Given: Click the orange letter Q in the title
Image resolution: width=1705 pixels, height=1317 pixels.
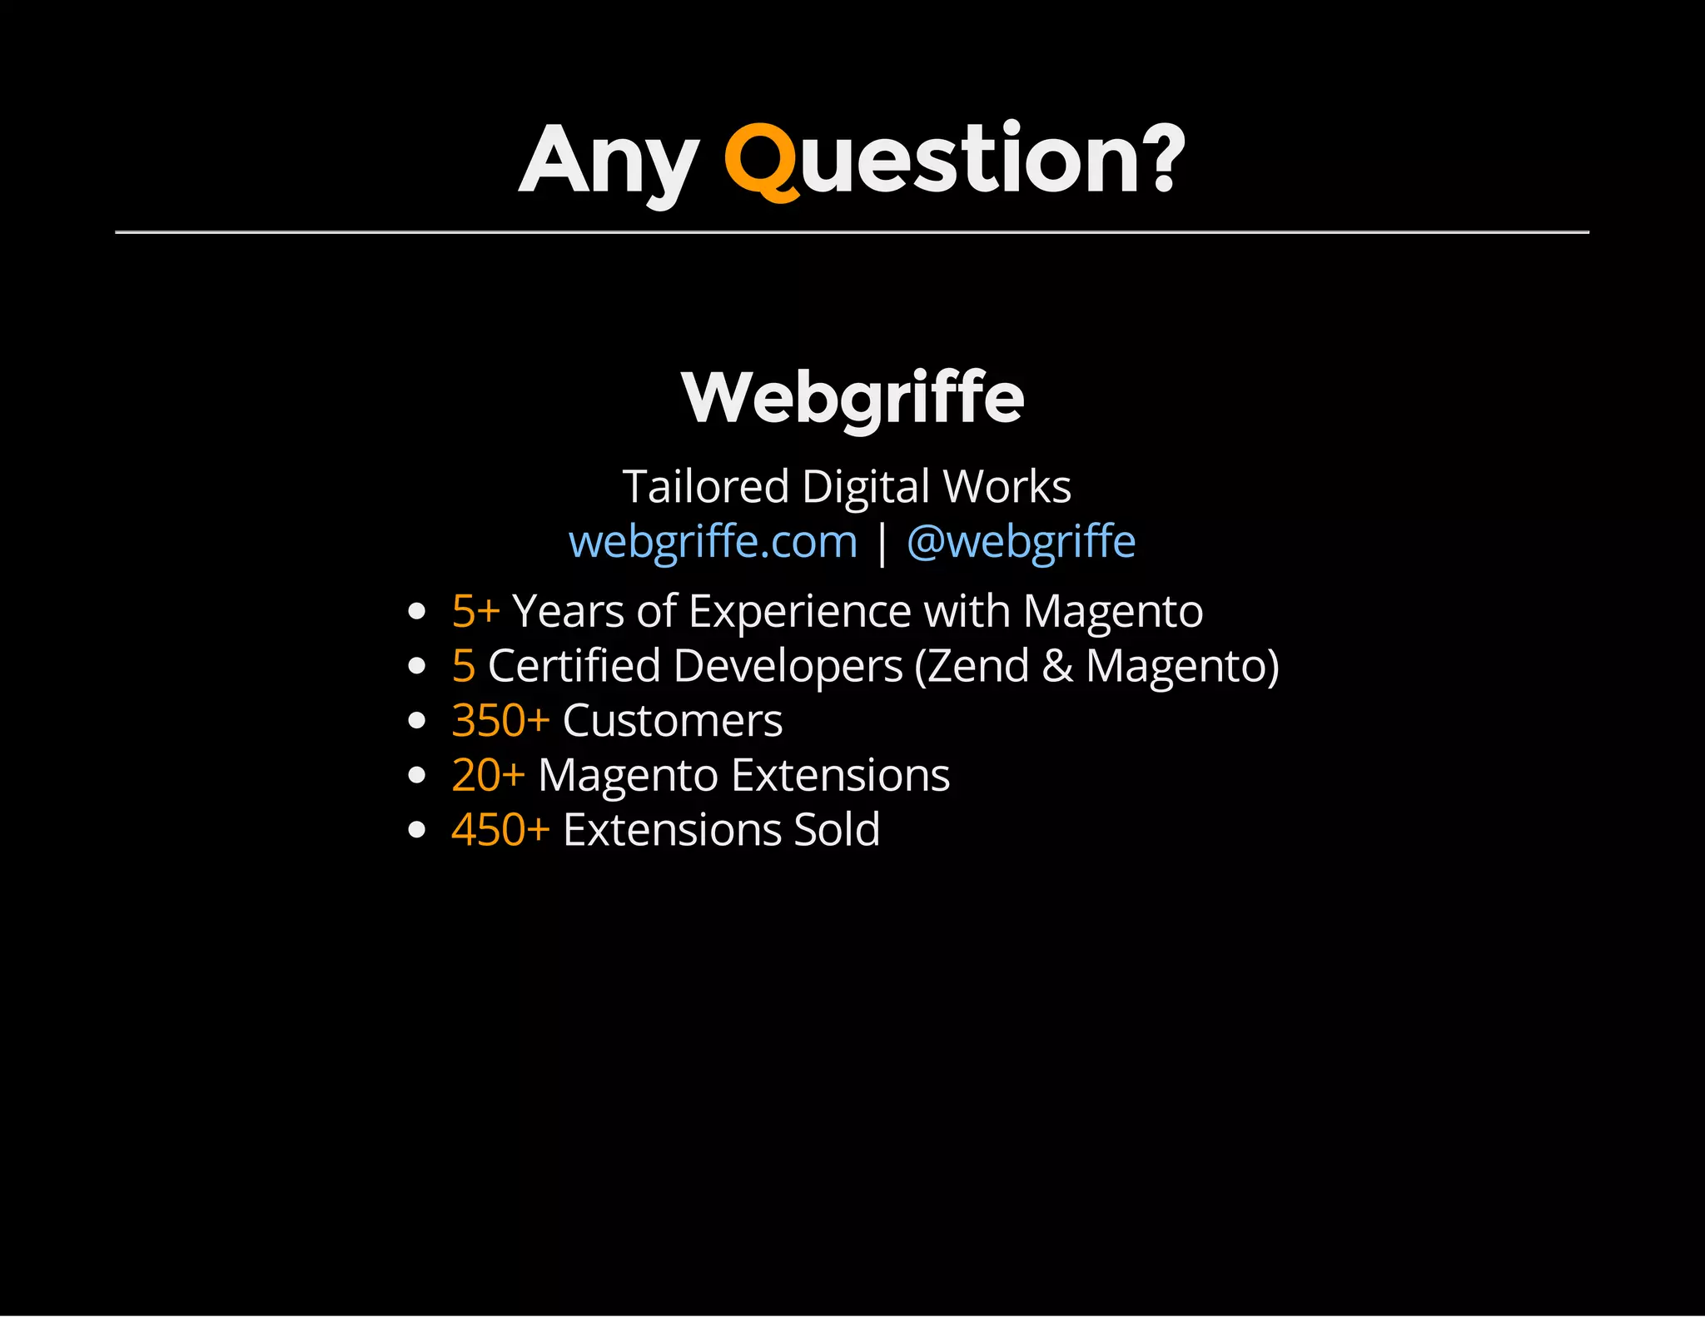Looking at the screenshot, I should (x=761, y=161).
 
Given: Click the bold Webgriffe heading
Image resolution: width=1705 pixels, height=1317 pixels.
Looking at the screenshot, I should (x=852, y=398).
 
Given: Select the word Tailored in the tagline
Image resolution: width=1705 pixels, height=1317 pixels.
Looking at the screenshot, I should (x=705, y=486).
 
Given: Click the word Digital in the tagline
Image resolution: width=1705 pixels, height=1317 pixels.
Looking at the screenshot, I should (x=866, y=486).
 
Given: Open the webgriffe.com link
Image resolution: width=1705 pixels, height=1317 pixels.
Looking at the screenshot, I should (x=713, y=541).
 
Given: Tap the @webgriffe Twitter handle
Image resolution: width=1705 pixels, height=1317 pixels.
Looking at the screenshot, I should (x=1021, y=541).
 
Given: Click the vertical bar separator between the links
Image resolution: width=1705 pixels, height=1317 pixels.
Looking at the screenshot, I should (x=882, y=543).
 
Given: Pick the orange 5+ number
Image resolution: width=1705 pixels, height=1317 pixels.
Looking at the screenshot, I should (x=475, y=611).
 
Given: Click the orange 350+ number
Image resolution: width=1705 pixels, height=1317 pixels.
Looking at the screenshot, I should (x=500, y=720).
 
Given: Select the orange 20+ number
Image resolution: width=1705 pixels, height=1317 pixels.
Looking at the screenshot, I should (x=488, y=775).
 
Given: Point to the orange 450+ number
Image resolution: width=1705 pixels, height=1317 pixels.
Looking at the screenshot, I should (x=500, y=829).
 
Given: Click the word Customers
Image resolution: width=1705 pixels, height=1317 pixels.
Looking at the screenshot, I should (x=673, y=720).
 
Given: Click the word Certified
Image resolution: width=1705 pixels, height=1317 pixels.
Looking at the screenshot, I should (x=574, y=666).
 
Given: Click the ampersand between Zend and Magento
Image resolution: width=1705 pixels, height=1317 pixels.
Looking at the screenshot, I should (x=1057, y=666).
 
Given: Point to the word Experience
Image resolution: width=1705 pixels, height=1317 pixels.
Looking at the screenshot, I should (x=800, y=611).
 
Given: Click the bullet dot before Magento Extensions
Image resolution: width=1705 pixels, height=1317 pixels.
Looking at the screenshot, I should (x=418, y=776).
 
